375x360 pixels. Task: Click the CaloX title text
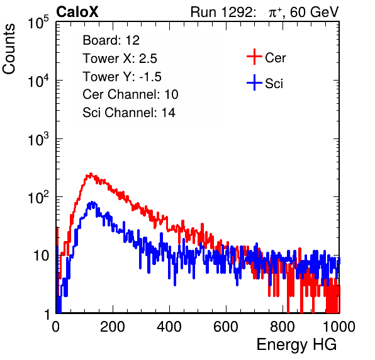77,11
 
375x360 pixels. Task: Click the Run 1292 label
221,11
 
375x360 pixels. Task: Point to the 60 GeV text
314,12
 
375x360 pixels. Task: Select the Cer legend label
275,58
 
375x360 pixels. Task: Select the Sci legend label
274,84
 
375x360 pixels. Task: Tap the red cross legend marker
254,57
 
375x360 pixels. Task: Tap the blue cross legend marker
254,82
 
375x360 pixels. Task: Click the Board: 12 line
111,40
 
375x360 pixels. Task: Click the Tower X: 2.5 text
120,59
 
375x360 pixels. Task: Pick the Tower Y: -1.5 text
122,77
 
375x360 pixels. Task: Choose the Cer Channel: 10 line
130,94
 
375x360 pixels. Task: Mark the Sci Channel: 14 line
129,113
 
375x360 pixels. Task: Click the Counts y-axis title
9,49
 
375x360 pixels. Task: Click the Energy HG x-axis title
297,345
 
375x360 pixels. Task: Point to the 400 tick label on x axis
169,327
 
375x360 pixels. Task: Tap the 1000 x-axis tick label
339,327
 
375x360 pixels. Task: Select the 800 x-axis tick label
283,327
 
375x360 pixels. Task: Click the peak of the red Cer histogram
91,174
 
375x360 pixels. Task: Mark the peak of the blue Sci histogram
92,202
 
